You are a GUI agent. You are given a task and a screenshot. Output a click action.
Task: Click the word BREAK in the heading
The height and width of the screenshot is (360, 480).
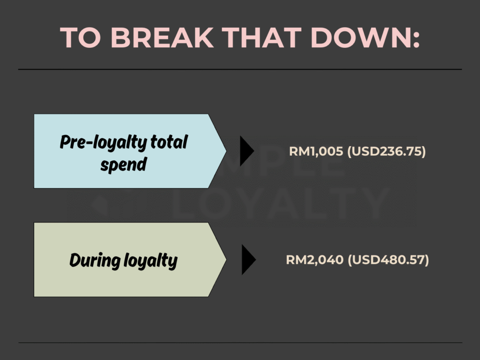coord(162,37)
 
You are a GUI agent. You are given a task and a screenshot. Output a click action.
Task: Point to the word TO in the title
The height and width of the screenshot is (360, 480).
coord(81,37)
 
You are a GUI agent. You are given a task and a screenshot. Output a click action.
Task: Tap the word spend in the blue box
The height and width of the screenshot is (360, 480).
coord(124,165)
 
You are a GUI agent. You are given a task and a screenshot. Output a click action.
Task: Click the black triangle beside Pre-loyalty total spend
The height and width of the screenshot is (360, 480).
coord(247,151)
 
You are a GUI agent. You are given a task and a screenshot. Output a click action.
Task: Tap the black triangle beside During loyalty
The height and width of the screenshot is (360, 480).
coord(249,260)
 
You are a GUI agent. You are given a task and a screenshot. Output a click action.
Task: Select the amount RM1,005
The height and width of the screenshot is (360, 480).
coord(316,151)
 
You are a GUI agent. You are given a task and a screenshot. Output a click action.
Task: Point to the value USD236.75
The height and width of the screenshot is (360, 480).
coord(387,151)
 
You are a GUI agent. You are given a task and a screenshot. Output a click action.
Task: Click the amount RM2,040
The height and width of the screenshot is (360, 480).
coord(315,260)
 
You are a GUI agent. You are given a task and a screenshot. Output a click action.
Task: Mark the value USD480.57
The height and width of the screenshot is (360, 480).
coord(389,260)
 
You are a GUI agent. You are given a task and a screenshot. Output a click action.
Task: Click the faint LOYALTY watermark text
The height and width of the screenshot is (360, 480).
coord(280,203)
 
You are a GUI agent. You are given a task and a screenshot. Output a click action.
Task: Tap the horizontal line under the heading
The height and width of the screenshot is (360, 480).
coord(240,69)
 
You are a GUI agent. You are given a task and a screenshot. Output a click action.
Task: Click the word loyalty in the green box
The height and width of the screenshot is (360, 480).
coord(150,261)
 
